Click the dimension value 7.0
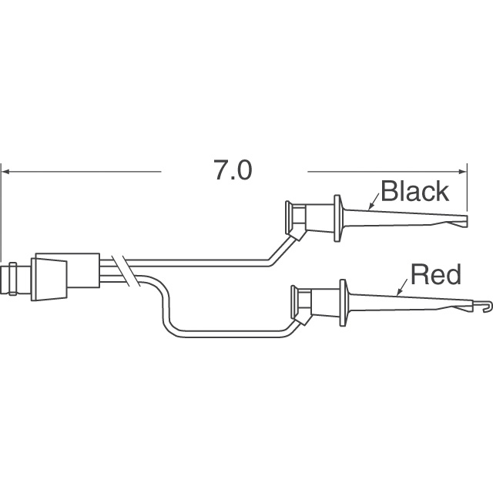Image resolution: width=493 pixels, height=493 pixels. [233, 170]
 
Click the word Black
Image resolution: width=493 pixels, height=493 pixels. [414, 190]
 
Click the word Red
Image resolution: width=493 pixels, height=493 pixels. [435, 273]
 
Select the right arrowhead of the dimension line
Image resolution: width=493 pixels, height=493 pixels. [464, 170]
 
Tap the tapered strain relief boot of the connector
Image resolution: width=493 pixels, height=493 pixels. [49, 274]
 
